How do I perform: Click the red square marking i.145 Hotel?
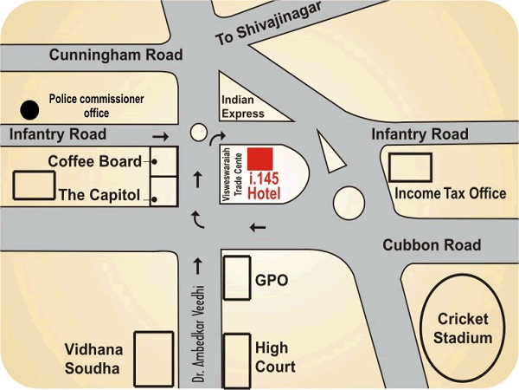(260, 159)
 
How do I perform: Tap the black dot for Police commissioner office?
(30, 110)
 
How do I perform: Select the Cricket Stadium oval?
(463, 327)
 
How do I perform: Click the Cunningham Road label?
(117, 55)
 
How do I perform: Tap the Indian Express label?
(243, 107)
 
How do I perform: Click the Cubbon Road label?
(432, 245)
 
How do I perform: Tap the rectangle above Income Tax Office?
(410, 166)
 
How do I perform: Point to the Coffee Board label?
(93, 161)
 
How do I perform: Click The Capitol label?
(98, 195)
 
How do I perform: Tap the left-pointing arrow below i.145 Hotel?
(257, 228)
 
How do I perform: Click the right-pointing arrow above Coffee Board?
(160, 136)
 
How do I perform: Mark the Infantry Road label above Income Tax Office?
(420, 134)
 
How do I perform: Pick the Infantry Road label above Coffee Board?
(58, 134)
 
